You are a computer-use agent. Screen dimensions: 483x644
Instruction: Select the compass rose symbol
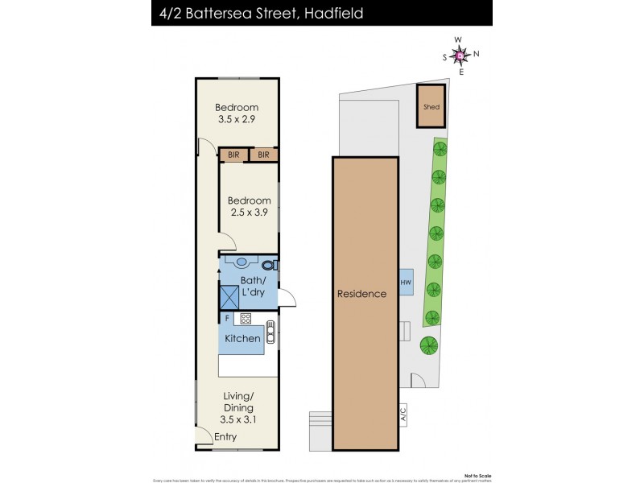click(x=460, y=55)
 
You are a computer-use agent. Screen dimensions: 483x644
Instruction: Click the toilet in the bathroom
click(x=269, y=263)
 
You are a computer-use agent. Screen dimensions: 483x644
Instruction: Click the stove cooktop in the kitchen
click(x=245, y=318)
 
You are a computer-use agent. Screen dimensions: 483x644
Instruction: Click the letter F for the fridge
click(x=226, y=318)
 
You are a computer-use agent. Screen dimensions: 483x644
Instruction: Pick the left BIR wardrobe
click(x=233, y=154)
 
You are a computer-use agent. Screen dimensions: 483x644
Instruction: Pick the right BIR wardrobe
click(x=263, y=154)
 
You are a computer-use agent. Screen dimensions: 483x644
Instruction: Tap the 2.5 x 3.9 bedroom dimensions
click(x=250, y=213)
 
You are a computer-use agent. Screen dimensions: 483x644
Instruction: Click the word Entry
click(x=225, y=437)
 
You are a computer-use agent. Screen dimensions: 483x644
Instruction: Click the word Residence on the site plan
click(x=361, y=294)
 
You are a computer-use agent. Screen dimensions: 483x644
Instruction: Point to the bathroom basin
click(x=242, y=262)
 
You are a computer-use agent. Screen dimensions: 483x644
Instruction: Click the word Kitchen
click(x=242, y=339)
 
